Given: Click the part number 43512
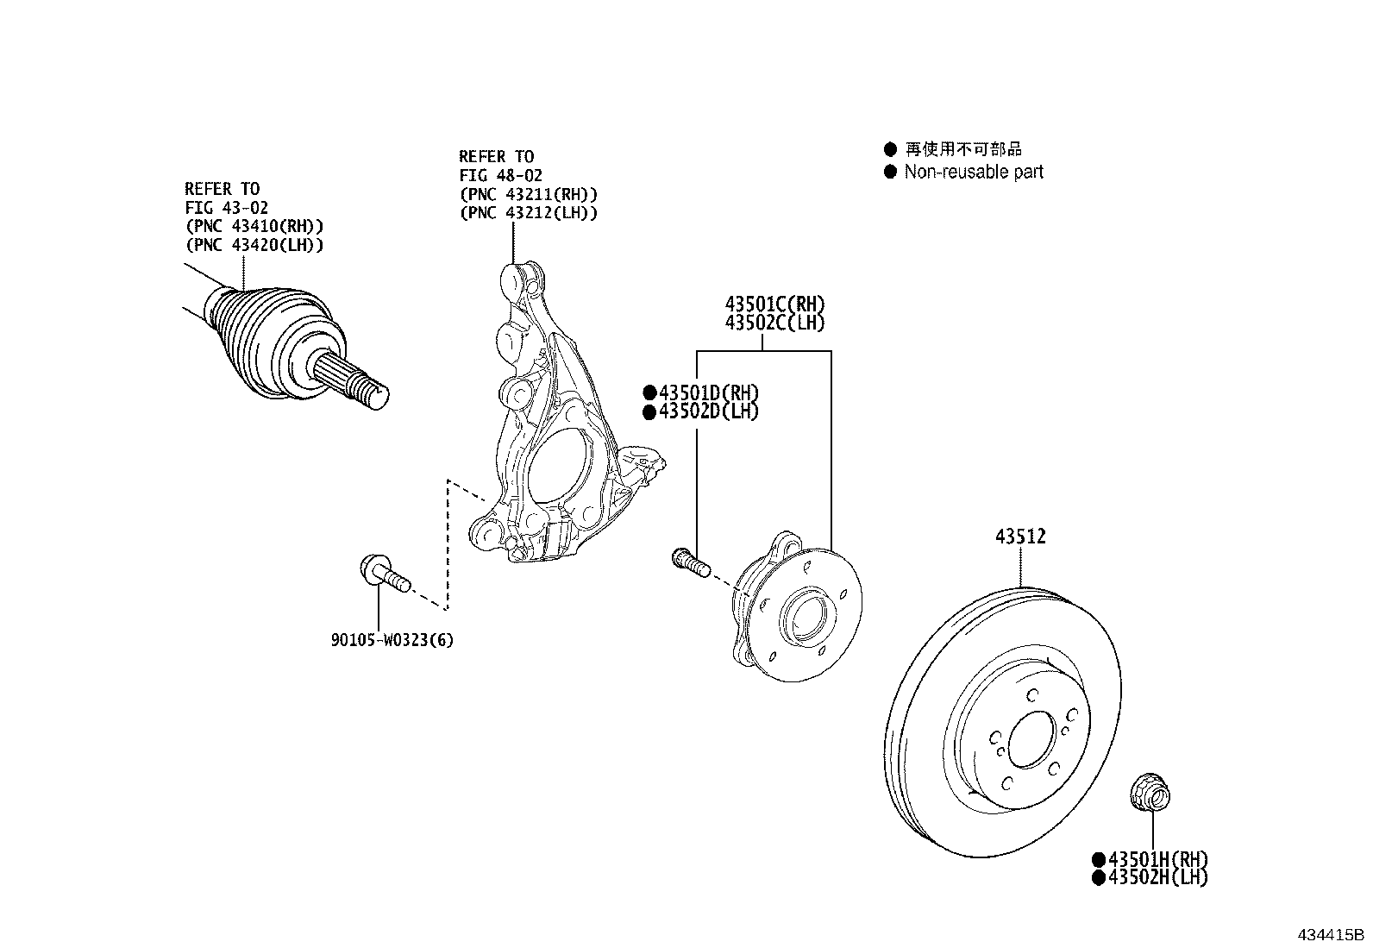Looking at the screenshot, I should pyautogui.click(x=1020, y=537).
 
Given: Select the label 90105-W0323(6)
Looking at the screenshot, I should pyautogui.click(x=392, y=640).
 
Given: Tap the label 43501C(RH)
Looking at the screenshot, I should pyautogui.click(x=774, y=304).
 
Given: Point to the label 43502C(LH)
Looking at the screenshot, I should pyautogui.click(x=774, y=323).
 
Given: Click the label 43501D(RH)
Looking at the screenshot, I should pyautogui.click(x=708, y=393).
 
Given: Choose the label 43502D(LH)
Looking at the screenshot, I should pyautogui.click(x=708, y=411).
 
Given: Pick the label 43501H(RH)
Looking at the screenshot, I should pyautogui.click(x=1157, y=859).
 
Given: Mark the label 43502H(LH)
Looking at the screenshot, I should pyautogui.click(x=1157, y=877).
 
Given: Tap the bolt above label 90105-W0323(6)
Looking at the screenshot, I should pyautogui.click(x=380, y=573).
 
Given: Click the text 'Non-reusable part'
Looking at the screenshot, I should pyautogui.click(x=974, y=172).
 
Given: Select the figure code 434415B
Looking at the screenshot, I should pyautogui.click(x=1331, y=935).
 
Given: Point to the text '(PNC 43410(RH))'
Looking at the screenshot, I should pyautogui.click(x=254, y=226).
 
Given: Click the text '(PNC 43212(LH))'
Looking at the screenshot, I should pyautogui.click(x=528, y=212).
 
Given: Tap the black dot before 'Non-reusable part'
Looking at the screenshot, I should pyautogui.click(x=891, y=172).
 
